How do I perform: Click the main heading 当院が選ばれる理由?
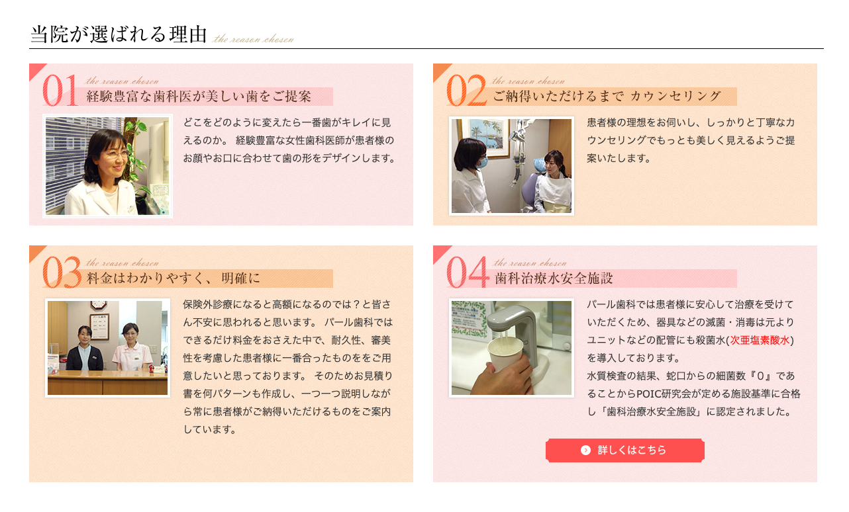click(x=119, y=35)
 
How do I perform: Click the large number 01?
click(x=60, y=91)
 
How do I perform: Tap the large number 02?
click(x=468, y=91)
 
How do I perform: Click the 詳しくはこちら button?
click(x=624, y=450)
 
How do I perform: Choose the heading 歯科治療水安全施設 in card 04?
click(x=554, y=278)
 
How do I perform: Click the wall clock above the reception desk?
click(x=98, y=306)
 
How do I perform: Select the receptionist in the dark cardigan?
click(x=84, y=348)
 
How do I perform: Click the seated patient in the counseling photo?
click(x=551, y=182)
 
